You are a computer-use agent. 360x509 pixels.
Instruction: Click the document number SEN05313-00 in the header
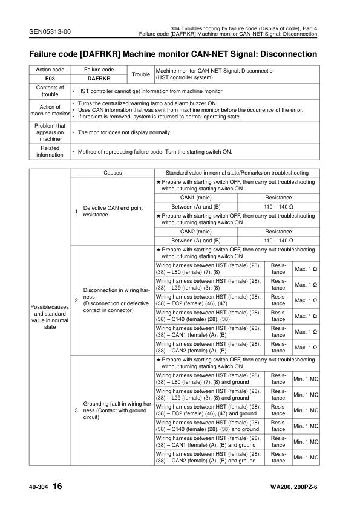coord(50,31)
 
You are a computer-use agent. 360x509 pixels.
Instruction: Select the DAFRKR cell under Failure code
coord(99,78)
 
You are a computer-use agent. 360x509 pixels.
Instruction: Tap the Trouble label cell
coord(140,74)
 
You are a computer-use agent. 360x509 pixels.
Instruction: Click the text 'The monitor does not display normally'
coord(125,132)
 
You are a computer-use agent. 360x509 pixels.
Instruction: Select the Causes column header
coord(112,173)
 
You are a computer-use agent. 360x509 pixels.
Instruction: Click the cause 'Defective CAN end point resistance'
coord(113,211)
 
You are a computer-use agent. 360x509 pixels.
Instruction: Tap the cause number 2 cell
coord(76,300)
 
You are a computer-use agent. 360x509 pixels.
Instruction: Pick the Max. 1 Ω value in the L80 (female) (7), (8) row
coord(306,268)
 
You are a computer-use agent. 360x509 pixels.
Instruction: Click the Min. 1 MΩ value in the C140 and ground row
coord(306,426)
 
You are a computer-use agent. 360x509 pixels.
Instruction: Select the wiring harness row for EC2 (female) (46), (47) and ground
coord(209,410)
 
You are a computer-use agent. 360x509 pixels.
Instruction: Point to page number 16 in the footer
coord(56,487)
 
